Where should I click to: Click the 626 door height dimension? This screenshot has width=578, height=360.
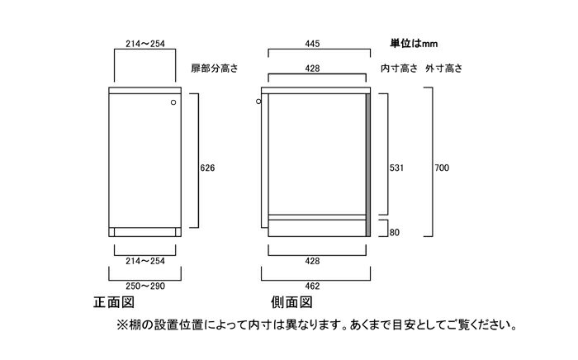(x=207, y=168)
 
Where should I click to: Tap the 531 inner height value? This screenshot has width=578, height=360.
(x=396, y=168)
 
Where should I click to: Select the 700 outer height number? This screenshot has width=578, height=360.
(x=442, y=168)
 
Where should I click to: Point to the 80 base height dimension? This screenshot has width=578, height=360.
(x=395, y=233)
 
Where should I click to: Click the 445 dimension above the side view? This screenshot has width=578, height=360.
(x=312, y=44)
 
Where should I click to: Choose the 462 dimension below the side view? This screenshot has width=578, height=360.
(x=312, y=286)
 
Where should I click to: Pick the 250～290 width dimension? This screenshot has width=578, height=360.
(x=145, y=286)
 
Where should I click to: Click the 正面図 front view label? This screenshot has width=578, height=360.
(x=114, y=302)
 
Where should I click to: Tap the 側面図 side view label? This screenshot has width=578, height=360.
(x=291, y=302)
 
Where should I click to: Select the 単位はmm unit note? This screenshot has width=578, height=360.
(x=414, y=44)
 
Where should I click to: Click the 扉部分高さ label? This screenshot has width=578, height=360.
(x=215, y=69)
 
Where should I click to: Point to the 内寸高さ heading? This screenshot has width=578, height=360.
(x=399, y=69)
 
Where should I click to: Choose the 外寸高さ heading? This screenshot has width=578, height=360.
(x=444, y=69)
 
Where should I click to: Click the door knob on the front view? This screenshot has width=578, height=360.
(x=173, y=102)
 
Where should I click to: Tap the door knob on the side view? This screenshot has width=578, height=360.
(x=258, y=102)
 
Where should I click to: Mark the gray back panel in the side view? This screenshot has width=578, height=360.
(x=368, y=164)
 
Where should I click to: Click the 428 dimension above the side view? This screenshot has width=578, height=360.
(x=312, y=69)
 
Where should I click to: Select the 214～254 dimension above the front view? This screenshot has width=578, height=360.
(x=145, y=44)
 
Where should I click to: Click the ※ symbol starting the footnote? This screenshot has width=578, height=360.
(x=122, y=325)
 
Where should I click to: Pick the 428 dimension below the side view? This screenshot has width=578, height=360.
(x=312, y=261)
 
